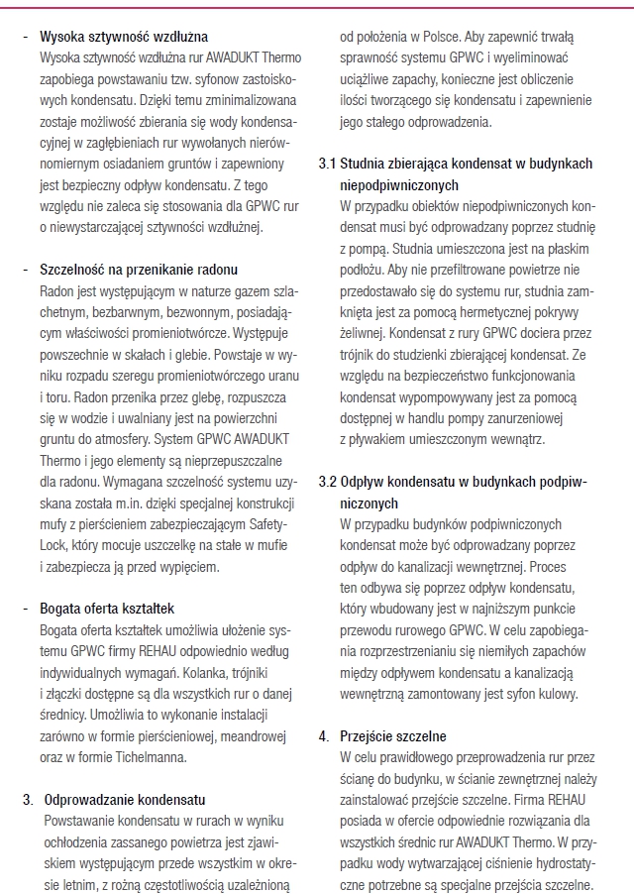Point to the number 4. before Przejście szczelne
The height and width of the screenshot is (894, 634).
[324, 735]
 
